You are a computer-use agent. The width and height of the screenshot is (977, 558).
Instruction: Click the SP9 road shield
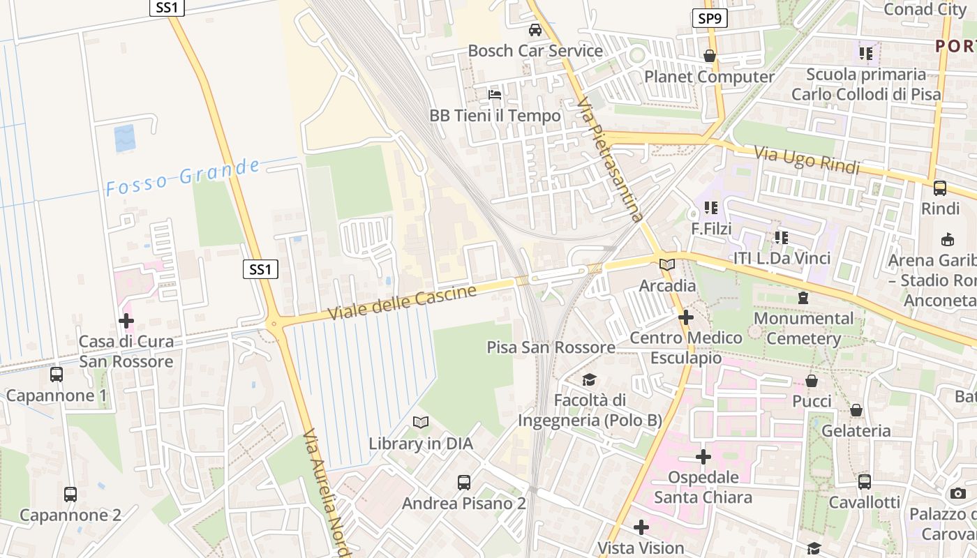click(710, 19)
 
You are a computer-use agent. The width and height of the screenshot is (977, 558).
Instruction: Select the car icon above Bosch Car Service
click(535, 30)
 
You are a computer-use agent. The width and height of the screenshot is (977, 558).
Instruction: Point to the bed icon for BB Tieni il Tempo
click(495, 94)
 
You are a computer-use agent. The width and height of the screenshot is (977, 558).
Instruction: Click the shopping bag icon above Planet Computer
click(710, 56)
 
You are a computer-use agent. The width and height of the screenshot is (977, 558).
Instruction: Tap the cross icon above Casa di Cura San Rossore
click(126, 321)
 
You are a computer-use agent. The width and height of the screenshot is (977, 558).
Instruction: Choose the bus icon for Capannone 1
click(57, 375)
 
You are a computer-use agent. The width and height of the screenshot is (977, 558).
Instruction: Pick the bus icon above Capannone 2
click(70, 495)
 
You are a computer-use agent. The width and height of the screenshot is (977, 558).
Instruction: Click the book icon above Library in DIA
click(421, 422)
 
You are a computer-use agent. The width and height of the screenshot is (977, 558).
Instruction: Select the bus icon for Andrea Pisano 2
click(464, 482)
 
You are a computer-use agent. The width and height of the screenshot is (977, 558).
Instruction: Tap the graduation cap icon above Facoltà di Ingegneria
click(590, 379)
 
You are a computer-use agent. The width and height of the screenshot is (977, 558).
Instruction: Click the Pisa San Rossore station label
click(551, 347)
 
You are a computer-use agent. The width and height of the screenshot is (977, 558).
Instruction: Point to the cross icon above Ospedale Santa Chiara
click(703, 457)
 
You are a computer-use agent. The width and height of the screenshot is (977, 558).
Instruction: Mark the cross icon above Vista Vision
click(641, 527)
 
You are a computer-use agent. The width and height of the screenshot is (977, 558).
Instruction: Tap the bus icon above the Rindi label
click(940, 188)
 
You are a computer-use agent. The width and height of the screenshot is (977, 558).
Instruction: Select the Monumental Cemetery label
click(804, 329)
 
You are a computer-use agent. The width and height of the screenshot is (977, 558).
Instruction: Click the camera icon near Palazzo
click(958, 493)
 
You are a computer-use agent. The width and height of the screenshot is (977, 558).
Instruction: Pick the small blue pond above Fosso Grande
click(125, 139)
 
